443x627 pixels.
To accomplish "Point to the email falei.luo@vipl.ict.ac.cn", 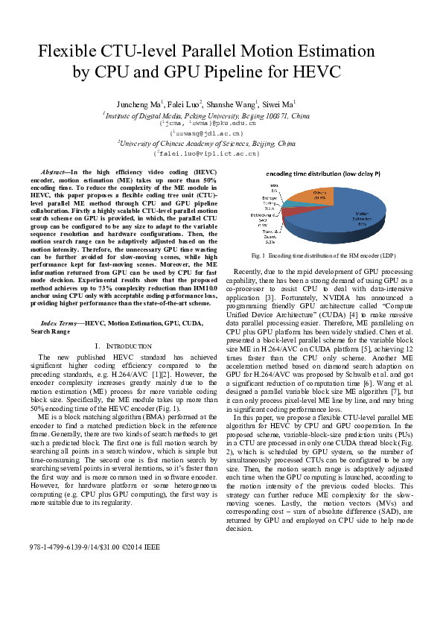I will [x=206, y=153].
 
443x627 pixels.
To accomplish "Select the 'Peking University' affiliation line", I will [x=206, y=115].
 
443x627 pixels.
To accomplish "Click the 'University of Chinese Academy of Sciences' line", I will [x=206, y=142].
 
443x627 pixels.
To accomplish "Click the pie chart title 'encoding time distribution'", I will [x=321, y=173].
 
